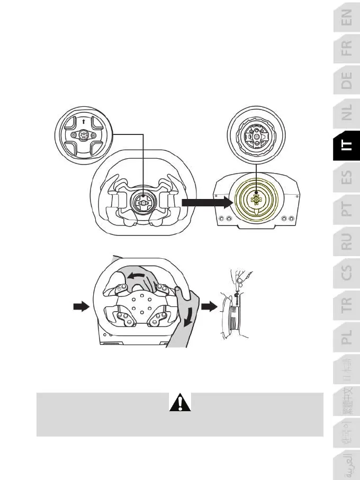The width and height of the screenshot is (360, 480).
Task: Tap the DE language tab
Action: [x=346, y=81]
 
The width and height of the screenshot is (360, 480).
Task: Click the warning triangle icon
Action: [x=180, y=403]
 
